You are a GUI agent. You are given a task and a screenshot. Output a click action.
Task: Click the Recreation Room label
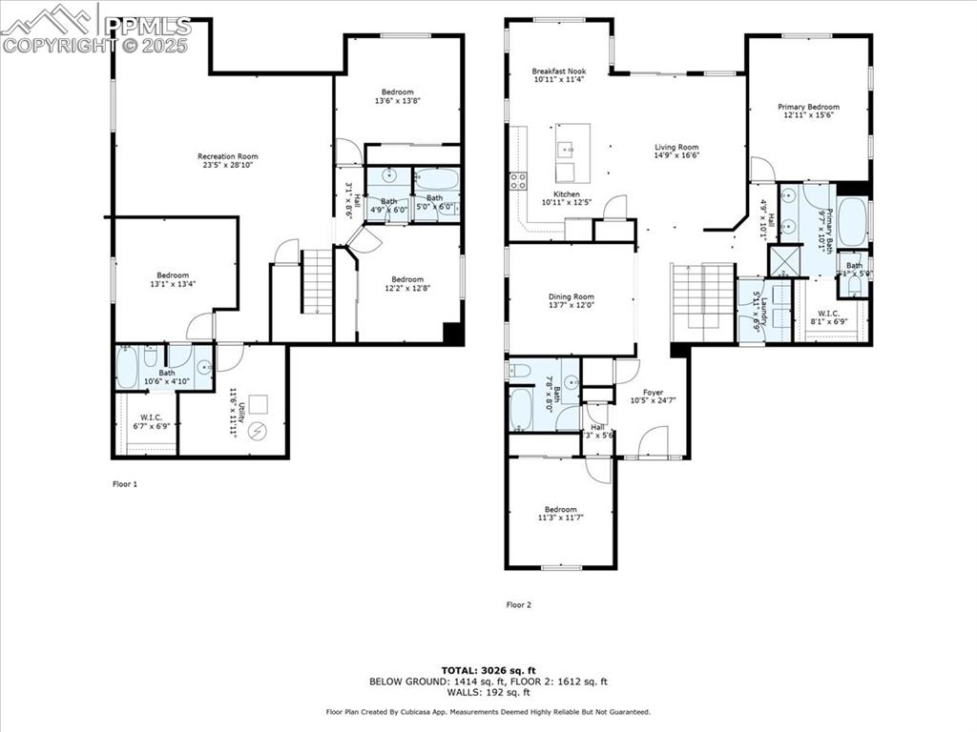point(227,156)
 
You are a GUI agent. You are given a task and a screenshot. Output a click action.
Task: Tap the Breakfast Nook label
point(558,71)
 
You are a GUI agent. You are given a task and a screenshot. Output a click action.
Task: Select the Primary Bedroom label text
point(808,107)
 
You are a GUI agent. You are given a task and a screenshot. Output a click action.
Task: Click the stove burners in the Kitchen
point(518,180)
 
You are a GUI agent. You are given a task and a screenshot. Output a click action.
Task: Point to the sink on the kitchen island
point(566,149)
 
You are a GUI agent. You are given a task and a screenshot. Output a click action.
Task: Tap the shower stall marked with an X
point(783,260)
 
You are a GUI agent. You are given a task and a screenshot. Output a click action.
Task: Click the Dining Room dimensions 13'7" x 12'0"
point(571,305)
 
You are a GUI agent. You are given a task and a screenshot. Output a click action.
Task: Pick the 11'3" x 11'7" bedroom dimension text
point(560,518)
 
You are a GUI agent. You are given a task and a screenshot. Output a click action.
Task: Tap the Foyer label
point(653,392)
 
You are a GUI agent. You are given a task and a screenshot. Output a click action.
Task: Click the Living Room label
point(676,148)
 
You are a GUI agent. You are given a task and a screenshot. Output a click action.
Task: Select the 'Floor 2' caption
point(518,604)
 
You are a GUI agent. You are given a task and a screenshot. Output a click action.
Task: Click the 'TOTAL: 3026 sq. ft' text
point(488,670)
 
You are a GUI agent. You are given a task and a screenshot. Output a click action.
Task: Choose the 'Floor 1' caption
point(125,484)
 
